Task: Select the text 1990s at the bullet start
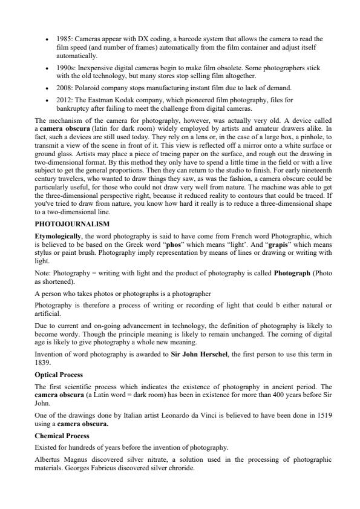pos(64,68)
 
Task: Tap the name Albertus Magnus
pos(59,459)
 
